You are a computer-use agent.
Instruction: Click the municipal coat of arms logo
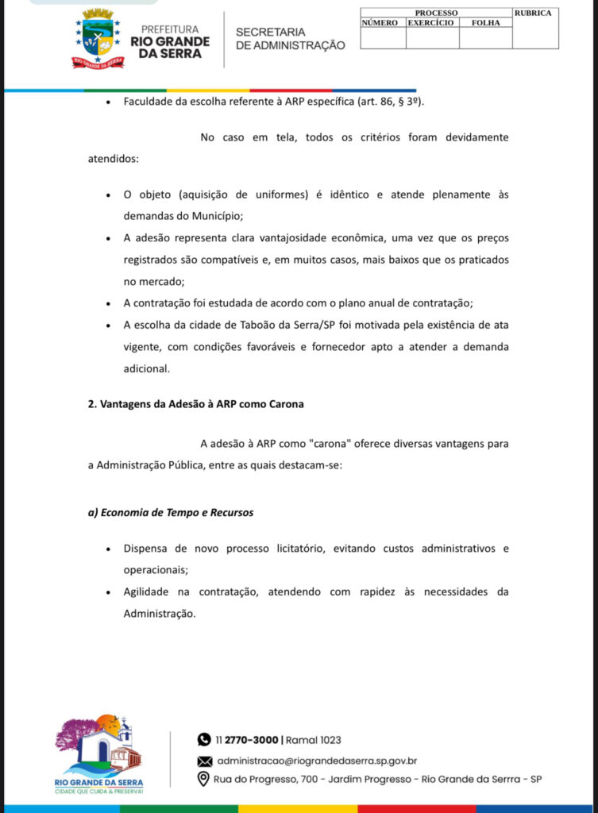coord(98,38)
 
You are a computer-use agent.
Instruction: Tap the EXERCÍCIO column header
coord(431,23)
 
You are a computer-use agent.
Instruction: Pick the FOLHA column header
coord(485,23)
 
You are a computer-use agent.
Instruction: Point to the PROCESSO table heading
coord(436,13)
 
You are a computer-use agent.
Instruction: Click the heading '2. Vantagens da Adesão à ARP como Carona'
coord(195,403)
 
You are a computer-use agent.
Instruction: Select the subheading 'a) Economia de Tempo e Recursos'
coord(170,512)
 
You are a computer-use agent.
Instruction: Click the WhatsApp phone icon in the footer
coord(204,739)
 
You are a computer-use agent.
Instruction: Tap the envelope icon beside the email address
coord(204,761)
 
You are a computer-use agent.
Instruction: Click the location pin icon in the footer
coord(204,779)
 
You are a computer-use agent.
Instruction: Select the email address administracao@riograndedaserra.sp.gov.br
coord(317,761)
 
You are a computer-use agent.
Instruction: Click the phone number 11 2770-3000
coord(246,740)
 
